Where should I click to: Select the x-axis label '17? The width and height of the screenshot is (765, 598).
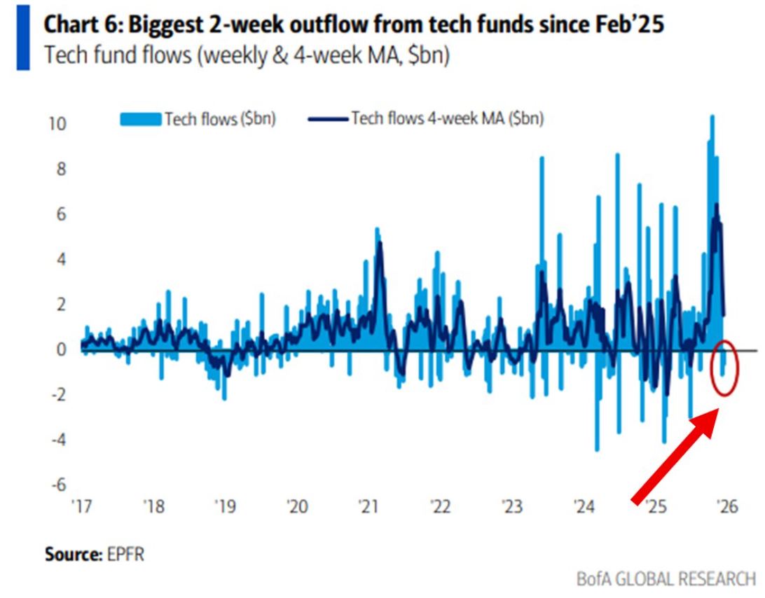(81, 506)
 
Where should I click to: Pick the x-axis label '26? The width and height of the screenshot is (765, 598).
(727, 506)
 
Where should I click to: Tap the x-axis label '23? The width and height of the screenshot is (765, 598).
(512, 506)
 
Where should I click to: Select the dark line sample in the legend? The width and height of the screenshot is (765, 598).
(328, 120)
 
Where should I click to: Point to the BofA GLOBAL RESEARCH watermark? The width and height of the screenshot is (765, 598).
(666, 579)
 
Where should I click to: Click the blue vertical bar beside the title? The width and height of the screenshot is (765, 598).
(23, 39)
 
